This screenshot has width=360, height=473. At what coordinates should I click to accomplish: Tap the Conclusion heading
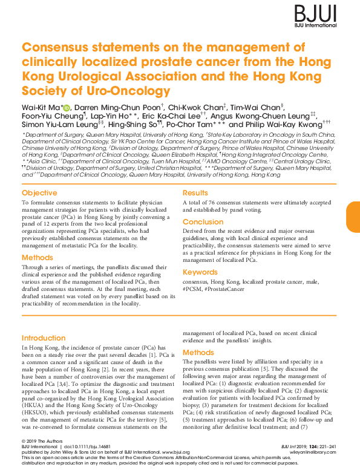(203, 222)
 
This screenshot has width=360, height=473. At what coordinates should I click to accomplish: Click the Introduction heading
(44, 338)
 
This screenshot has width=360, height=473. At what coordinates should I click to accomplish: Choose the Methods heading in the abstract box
(38, 258)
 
